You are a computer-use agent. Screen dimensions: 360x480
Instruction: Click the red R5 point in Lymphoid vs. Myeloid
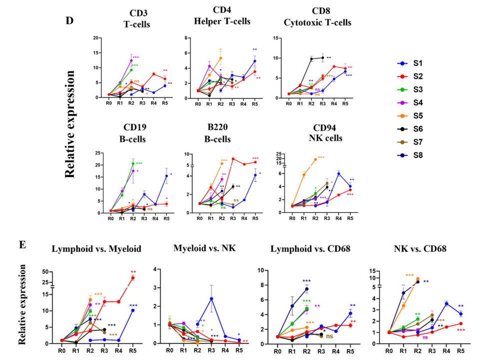(x=133, y=278)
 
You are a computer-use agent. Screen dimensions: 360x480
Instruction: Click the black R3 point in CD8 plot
(x=323, y=58)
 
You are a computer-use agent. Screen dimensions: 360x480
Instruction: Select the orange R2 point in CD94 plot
(x=315, y=160)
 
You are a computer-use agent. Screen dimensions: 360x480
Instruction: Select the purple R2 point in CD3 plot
(x=131, y=61)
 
